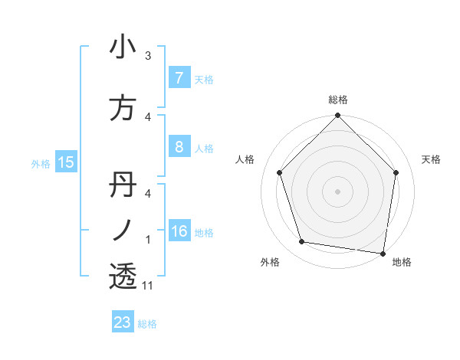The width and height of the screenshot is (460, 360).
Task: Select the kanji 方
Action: click(123, 109)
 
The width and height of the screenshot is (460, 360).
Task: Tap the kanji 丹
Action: click(123, 185)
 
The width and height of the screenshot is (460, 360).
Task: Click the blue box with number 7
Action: click(179, 78)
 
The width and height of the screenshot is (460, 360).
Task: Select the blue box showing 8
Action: click(179, 147)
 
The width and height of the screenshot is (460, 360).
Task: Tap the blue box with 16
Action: click(179, 231)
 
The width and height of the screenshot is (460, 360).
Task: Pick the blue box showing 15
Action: click(65, 162)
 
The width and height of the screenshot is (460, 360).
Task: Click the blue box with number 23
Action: click(123, 322)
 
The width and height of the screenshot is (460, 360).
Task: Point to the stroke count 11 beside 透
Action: click(148, 286)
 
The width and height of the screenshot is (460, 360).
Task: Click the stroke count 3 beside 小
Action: click(148, 56)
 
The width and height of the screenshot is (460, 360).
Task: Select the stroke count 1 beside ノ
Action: click(148, 240)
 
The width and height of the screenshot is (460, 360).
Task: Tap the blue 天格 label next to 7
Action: click(204, 79)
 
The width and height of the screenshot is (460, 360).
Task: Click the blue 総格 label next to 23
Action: click(147, 324)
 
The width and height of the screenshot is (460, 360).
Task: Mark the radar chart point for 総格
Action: click(337, 116)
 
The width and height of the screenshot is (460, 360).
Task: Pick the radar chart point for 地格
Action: click(383, 253)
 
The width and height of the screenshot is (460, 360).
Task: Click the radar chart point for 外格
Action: click(302, 242)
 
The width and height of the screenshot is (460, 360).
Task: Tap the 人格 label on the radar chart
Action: click(245, 159)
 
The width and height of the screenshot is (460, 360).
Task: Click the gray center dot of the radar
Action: click(337, 191)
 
